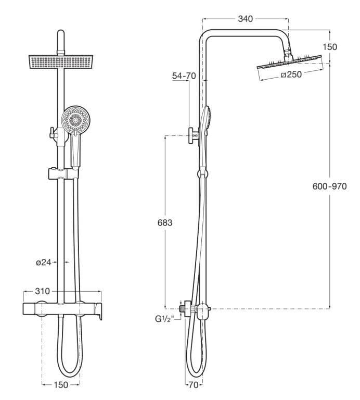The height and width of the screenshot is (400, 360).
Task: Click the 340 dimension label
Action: [245, 19]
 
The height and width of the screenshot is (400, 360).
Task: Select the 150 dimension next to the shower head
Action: [329, 46]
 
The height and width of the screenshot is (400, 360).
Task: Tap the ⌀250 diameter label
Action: [291, 74]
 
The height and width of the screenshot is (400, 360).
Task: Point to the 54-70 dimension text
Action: [184, 76]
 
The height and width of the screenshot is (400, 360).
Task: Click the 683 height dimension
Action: [164, 222]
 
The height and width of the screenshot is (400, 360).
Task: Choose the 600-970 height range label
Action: [330, 186]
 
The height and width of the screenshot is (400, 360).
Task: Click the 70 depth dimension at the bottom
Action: [193, 386]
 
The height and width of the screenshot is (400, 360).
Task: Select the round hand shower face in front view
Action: [73, 120]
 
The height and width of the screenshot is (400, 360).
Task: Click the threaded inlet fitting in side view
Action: [183, 309]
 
